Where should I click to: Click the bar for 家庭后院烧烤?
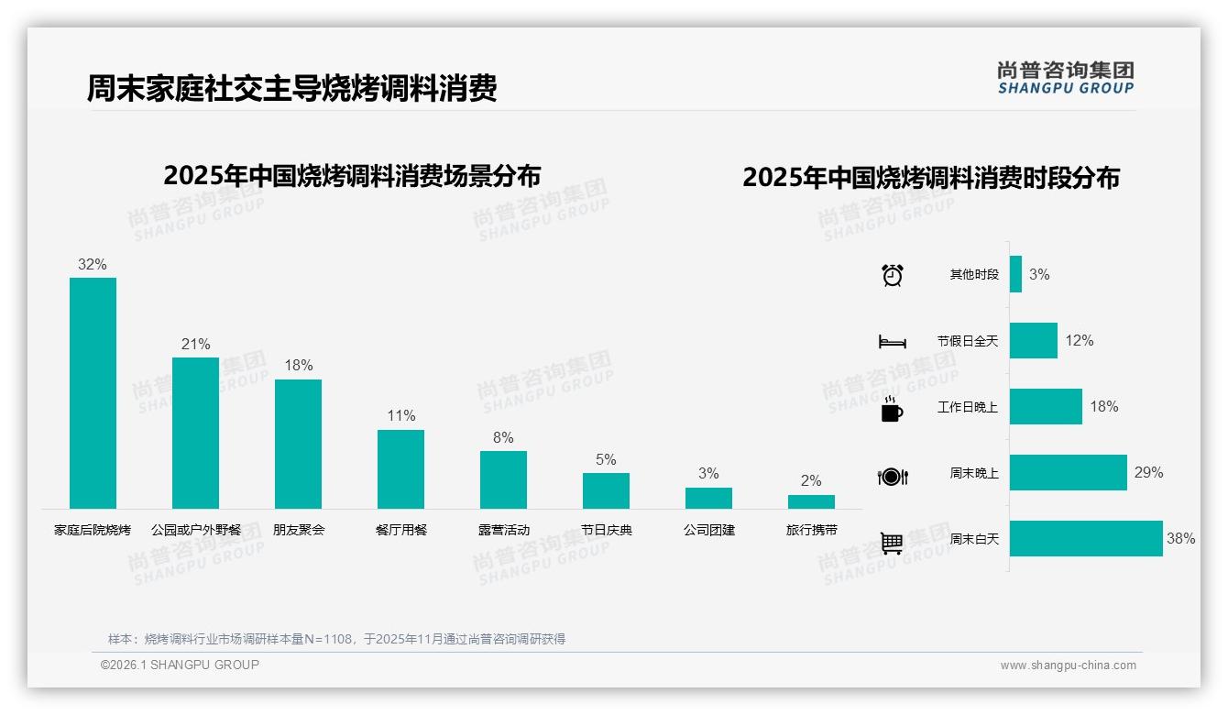coord(93,393)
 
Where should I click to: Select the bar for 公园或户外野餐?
coord(195,433)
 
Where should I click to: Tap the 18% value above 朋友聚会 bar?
coord(298,365)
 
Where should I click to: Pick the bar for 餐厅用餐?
coord(400,469)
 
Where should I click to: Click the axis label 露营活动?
coord(503,530)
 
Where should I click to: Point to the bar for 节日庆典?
coord(606,490)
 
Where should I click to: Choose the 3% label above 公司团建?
coord(708,473)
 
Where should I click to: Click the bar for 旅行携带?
coord(811,501)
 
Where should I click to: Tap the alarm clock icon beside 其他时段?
coord(892,275)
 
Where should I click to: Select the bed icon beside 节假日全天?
coord(892,342)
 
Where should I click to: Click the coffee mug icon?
coord(892,409)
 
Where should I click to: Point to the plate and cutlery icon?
coord(892,476)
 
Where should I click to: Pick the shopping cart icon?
coord(892,543)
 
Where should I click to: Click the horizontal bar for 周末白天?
coord(1086,539)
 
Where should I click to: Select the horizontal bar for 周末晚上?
coord(1068,473)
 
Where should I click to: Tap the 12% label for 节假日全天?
coord(1080,341)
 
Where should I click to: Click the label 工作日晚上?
coord(968,407)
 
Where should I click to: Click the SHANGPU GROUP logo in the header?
coord(1065,78)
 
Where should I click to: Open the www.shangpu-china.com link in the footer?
coord(1068,665)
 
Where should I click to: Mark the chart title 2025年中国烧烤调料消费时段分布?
coord(931,178)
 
